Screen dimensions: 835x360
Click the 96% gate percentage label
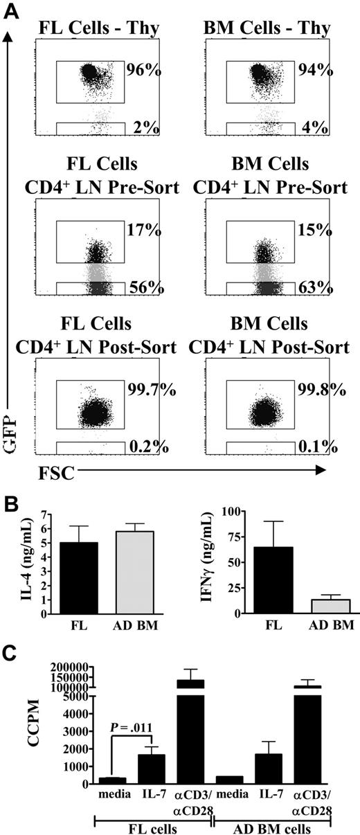point(143,70)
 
